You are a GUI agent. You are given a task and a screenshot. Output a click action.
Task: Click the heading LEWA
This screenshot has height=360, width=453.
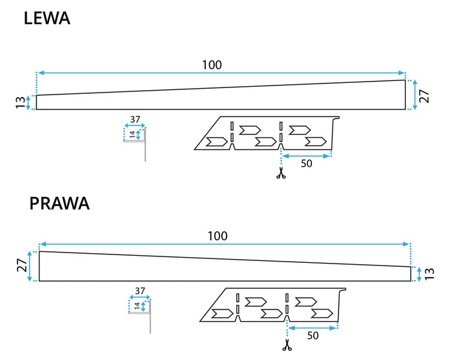click(47, 18)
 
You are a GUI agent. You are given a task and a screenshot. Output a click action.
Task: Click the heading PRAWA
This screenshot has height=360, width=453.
click(59, 203)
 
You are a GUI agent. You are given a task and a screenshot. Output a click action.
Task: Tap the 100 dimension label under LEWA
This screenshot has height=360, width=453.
click(212, 65)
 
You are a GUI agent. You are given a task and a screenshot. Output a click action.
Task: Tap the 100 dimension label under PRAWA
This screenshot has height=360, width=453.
click(217, 236)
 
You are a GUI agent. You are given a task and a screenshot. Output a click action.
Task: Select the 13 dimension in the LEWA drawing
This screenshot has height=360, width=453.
click(20, 102)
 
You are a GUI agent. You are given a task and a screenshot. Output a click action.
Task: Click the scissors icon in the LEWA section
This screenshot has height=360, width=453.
click(281, 174)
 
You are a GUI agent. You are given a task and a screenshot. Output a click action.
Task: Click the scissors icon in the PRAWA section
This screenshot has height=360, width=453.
click(286, 347)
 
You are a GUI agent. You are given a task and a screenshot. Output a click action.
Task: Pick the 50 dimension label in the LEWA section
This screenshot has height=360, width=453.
click(306, 164)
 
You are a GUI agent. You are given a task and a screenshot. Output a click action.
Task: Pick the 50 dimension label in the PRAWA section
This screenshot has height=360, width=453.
click(313, 337)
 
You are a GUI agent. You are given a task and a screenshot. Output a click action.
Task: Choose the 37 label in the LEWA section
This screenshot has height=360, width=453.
click(134, 119)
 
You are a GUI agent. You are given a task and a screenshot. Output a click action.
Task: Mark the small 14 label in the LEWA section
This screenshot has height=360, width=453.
click(131, 135)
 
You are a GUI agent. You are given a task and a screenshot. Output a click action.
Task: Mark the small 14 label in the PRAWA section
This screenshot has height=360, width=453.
click(137, 306)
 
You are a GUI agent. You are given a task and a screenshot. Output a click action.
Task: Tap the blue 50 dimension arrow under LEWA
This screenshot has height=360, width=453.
click(306, 155)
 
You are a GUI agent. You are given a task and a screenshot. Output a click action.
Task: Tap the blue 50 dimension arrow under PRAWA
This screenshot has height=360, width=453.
click(313, 328)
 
